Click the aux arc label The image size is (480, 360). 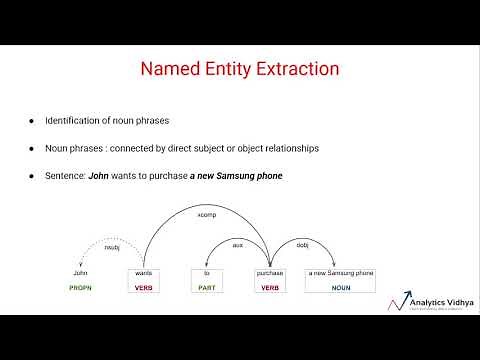pos(237,245)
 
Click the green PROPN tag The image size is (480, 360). pos(81,288)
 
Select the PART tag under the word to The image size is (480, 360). pos(207,288)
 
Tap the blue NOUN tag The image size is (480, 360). pos(341,288)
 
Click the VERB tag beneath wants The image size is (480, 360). pos(144,288)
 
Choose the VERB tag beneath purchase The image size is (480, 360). pos(270,288)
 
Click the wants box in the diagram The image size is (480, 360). pos(144,273)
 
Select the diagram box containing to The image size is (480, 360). pos(207,273)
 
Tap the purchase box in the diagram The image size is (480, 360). pos(270,273)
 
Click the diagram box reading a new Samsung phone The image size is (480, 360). pos(341,273)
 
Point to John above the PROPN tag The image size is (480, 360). pos(81,273)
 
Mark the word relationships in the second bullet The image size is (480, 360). pos(288,148)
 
